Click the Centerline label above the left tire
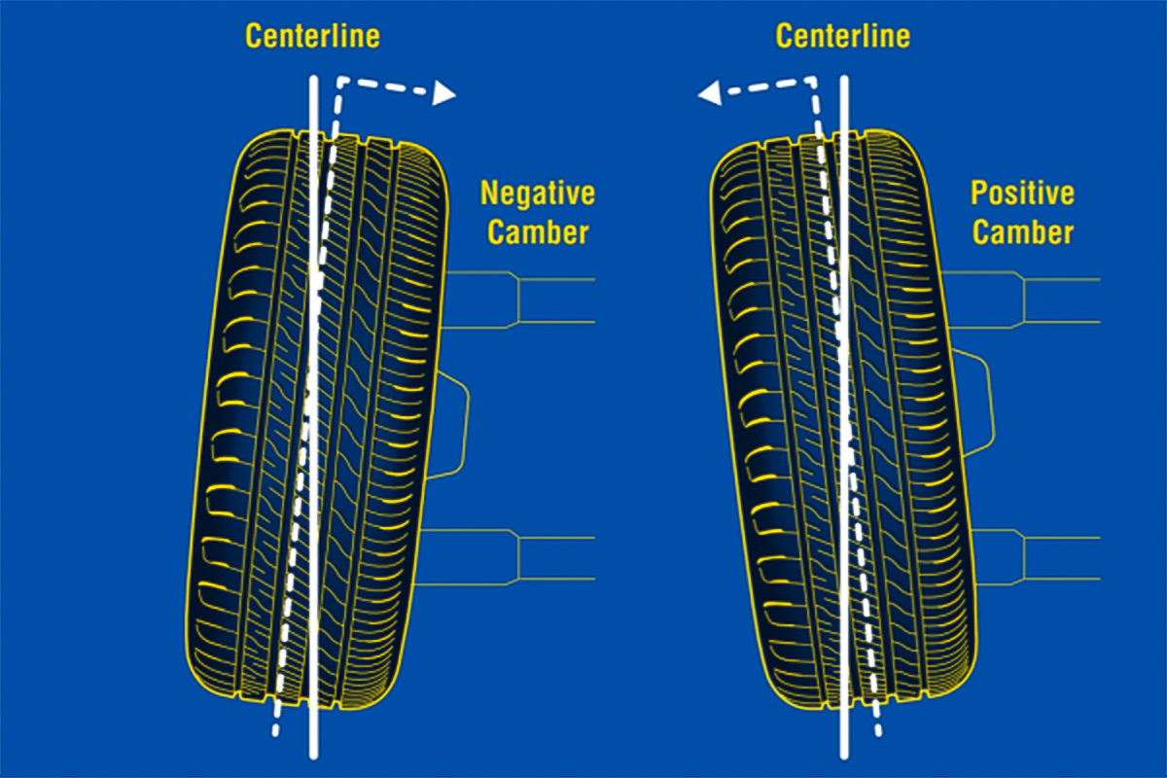(312, 37)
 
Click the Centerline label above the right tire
(842, 37)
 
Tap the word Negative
(537, 193)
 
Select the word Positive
(1022, 193)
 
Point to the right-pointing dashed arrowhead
(445, 93)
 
